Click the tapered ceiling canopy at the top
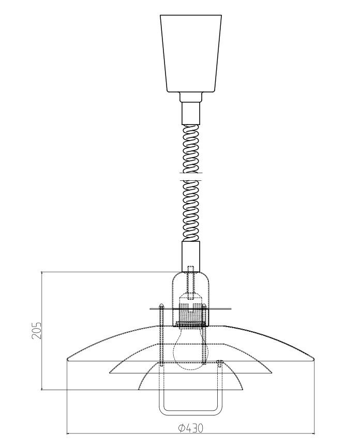pos(191,53)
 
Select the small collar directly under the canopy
pos(191,97)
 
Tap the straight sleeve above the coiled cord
pos(191,113)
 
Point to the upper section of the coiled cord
pos(191,149)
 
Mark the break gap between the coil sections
pos(191,177)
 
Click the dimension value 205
pos(37,331)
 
